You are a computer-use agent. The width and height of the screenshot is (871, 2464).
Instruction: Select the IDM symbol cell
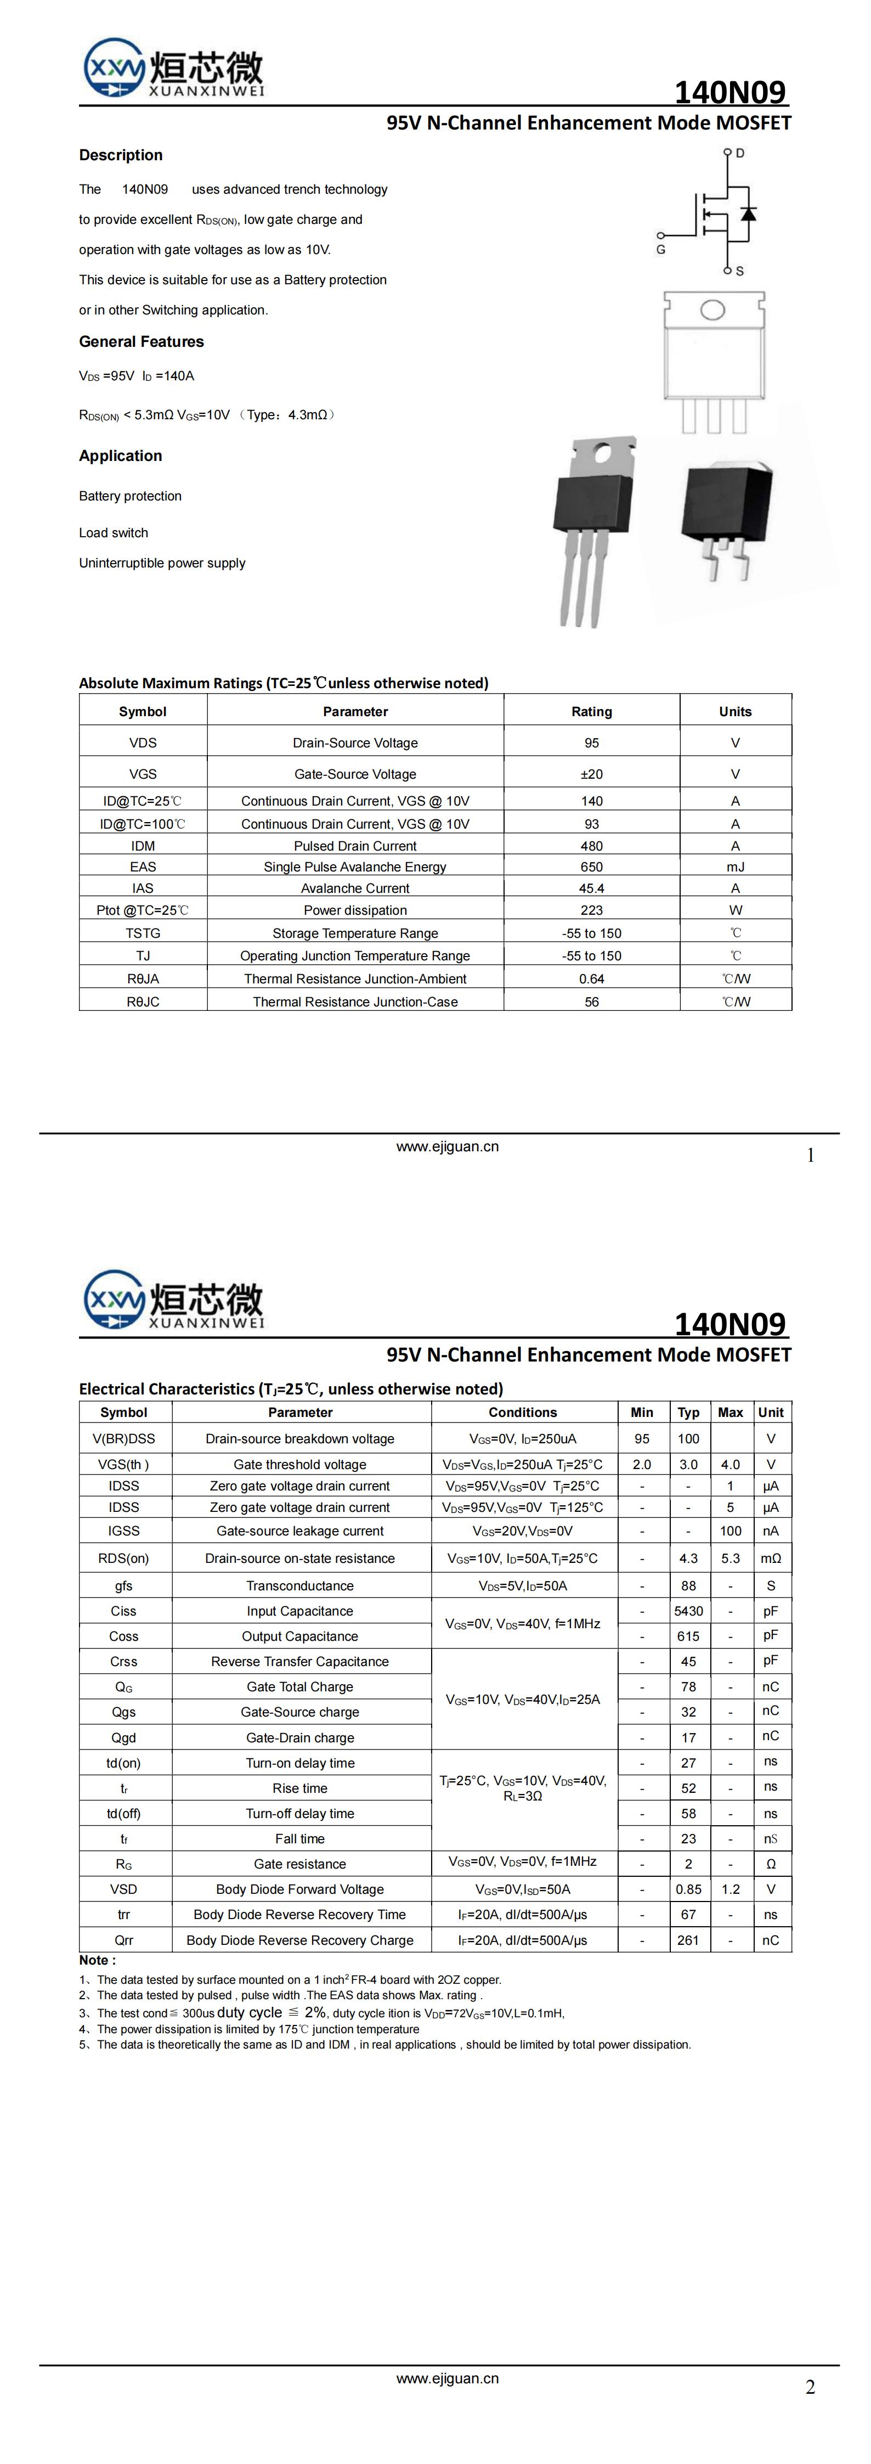tap(143, 846)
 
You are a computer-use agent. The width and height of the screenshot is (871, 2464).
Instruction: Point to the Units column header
tap(734, 712)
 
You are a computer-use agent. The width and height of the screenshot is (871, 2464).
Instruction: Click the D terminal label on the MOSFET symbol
tap(740, 153)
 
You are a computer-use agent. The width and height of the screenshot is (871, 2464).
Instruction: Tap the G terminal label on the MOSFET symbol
tap(661, 250)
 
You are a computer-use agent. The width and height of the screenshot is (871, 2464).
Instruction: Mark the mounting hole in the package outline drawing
tap(712, 310)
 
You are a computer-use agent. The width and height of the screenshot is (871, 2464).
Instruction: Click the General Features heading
tap(142, 341)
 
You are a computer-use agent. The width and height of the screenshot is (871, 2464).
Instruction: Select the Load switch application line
tap(114, 533)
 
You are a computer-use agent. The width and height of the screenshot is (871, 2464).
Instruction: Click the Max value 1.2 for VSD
tap(731, 1889)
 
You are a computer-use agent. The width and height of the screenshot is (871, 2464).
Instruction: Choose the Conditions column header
tap(522, 1412)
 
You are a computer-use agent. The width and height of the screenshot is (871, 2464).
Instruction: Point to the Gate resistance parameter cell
tap(299, 1863)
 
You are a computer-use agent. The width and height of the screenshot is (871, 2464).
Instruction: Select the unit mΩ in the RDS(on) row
tap(771, 1558)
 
